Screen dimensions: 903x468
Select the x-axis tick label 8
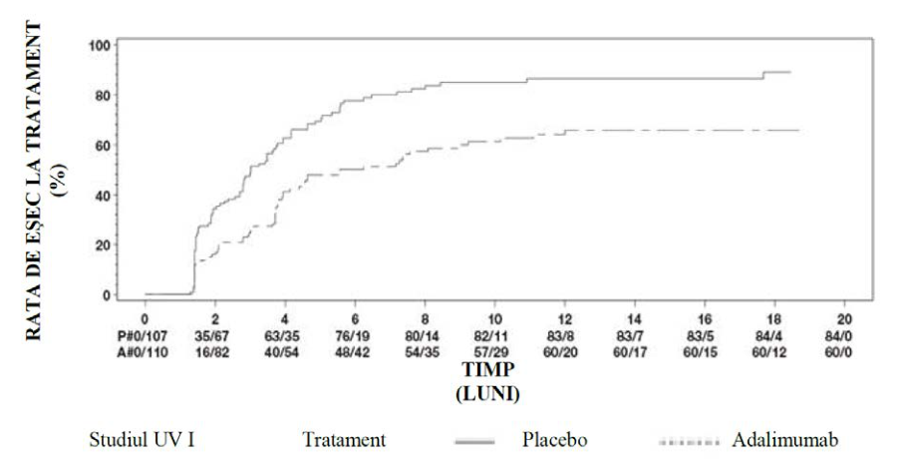click(x=425, y=319)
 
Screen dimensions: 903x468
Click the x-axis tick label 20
click(x=843, y=319)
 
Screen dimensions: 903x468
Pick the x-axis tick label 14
click(x=634, y=319)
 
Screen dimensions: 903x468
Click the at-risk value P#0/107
click(x=144, y=335)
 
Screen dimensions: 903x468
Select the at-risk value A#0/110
click(x=144, y=351)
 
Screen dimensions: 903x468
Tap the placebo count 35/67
click(x=215, y=335)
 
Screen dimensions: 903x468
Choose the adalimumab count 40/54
click(x=285, y=351)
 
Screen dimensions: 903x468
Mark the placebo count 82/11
click(x=494, y=335)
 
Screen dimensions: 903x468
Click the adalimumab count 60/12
click(x=774, y=351)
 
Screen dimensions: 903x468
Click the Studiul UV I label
click(x=143, y=441)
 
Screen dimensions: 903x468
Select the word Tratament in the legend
click(x=345, y=441)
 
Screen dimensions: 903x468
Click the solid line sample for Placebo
click(x=474, y=442)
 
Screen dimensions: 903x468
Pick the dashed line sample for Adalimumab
click(x=689, y=442)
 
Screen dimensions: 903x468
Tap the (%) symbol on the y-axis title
click(x=60, y=180)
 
